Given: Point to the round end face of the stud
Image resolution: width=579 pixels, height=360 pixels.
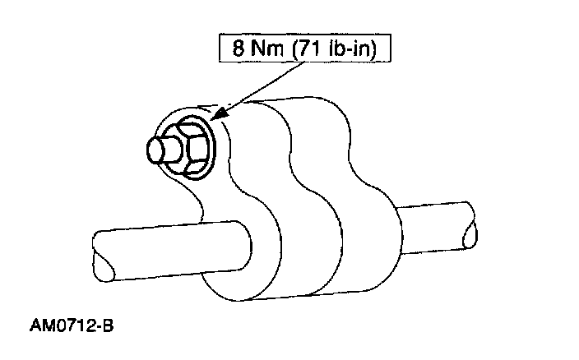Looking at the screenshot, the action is (152, 152).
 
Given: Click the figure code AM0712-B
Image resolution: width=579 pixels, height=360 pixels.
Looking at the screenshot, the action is (72, 326).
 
